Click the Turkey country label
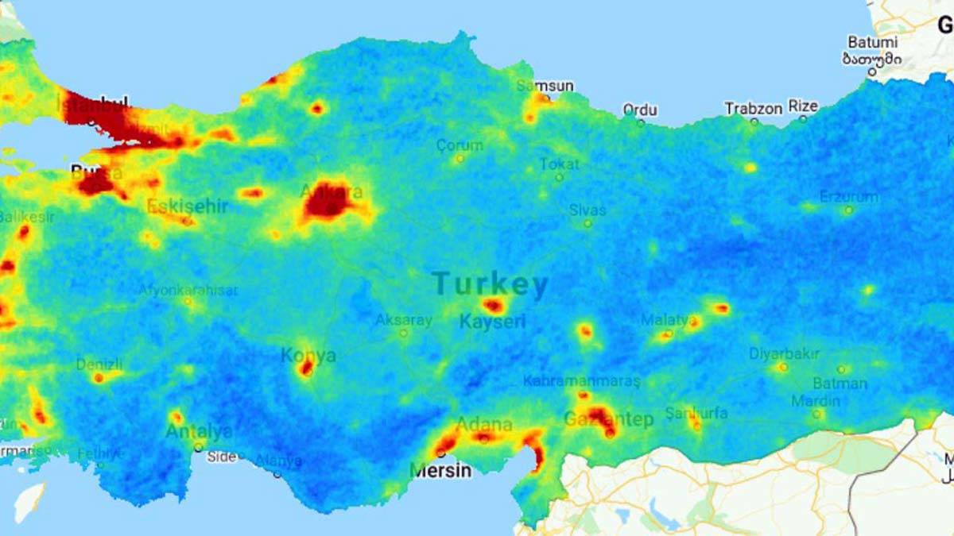[490, 284]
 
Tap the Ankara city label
[332, 191]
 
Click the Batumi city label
[873, 42]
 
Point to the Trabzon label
[753, 108]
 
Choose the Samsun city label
[545, 86]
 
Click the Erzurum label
[849, 196]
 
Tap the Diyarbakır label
[784, 353]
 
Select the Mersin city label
[440, 471]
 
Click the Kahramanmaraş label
[581, 380]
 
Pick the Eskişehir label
[188, 206]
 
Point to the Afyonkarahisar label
[188, 290]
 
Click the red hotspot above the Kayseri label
[493, 305]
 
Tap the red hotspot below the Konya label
[306, 368]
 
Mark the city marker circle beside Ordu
[641, 122]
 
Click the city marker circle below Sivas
[588, 224]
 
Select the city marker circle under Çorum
[460, 159]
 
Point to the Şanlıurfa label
[696, 413]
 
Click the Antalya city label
[199, 432]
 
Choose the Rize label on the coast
[802, 106]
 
